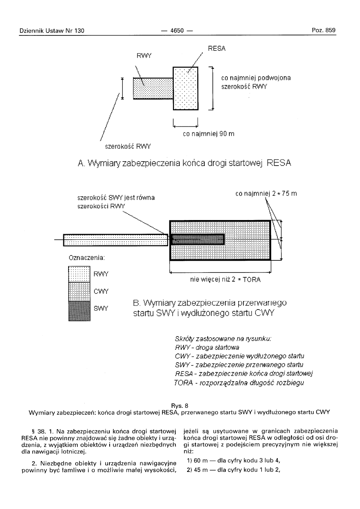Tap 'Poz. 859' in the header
click(324, 31)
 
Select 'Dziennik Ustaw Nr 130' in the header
click(52, 31)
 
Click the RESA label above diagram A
click(216, 49)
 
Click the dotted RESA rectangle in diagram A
click(185, 88)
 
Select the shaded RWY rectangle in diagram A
click(153, 88)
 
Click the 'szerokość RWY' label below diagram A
click(125, 145)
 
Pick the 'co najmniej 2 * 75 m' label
click(266, 194)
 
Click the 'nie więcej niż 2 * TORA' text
click(225, 280)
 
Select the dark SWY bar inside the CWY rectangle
click(198, 239)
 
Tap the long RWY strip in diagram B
click(115, 240)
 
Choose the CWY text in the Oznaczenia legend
click(101, 291)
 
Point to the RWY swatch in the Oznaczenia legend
click(79, 274)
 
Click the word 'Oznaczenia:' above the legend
click(87, 257)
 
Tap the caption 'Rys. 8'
click(180, 405)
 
